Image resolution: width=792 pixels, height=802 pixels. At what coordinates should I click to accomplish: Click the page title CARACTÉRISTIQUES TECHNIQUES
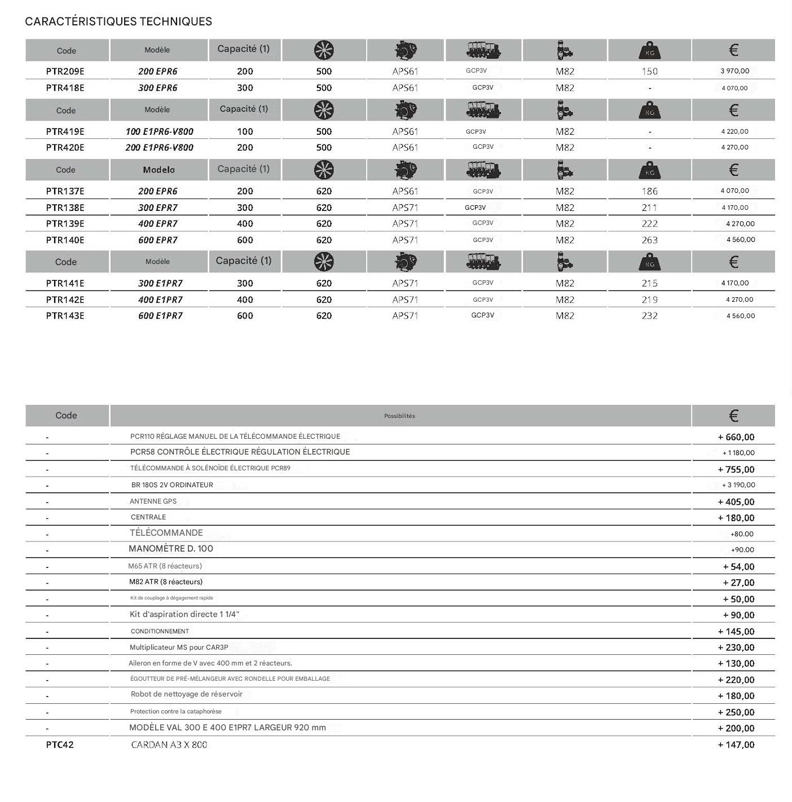[x=118, y=21]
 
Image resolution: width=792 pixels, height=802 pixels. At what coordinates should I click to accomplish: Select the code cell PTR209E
[x=65, y=72]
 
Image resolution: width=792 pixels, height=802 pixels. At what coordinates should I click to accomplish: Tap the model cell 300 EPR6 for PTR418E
[x=157, y=88]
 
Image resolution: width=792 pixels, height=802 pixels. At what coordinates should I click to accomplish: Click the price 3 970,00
[x=734, y=71]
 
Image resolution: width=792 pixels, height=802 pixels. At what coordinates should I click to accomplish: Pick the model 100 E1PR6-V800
[x=159, y=131]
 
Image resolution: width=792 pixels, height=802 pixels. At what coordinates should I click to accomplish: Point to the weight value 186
[x=649, y=191]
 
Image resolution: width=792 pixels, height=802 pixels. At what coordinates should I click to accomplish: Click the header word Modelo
[x=159, y=170]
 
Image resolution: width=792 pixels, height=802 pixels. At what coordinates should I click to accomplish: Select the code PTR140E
[x=65, y=240]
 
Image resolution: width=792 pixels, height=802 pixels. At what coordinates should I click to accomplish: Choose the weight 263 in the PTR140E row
[x=649, y=240]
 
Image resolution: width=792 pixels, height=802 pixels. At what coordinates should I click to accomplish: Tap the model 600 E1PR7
[x=160, y=316]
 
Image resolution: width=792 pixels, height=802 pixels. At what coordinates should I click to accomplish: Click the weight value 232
[x=649, y=316]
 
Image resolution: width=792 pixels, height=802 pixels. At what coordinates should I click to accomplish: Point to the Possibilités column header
[x=399, y=416]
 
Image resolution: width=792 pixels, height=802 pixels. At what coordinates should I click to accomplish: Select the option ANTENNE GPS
[x=153, y=501]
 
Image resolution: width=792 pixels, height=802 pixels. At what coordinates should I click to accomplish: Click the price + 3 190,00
[x=738, y=485]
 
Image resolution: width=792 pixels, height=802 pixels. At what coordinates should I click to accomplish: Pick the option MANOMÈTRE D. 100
[x=170, y=549]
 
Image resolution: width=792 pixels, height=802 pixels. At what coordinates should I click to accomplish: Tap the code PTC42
[x=60, y=744]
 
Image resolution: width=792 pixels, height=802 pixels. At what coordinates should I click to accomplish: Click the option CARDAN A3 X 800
[x=169, y=744]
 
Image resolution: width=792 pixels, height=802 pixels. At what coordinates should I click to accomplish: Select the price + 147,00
[x=736, y=744]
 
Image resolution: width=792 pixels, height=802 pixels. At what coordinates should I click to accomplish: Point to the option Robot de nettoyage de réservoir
[x=186, y=694]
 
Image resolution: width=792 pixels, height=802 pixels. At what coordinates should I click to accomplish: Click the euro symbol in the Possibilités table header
[x=733, y=416]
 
